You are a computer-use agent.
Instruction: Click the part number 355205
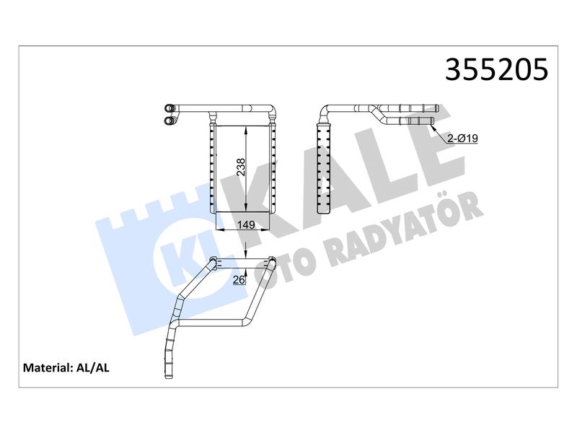496,69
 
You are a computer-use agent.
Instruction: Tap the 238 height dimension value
240,167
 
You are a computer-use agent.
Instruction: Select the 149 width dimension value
246,224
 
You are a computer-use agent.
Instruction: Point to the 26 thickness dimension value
239,280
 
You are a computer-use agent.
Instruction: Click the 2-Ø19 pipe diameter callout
462,139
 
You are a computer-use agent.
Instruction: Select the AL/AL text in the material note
93,367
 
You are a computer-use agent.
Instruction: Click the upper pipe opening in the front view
169,108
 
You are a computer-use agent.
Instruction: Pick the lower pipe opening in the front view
169,120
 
